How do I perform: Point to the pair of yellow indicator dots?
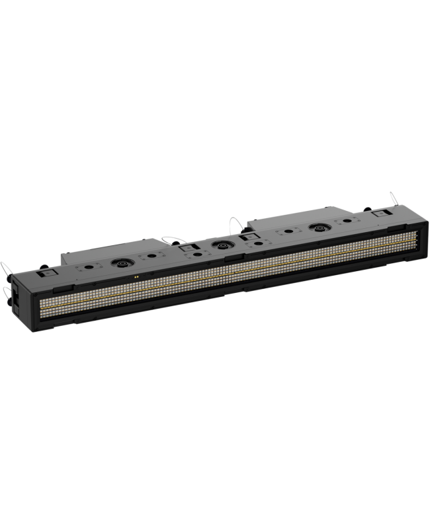136,277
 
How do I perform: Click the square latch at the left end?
47,272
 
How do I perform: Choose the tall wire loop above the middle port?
235,225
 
